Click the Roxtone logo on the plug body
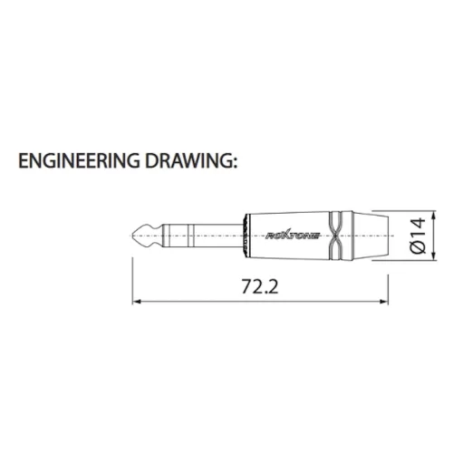(x=287, y=236)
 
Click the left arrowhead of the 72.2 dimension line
(x=137, y=298)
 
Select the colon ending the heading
(x=235, y=165)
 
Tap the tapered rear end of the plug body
(x=366, y=236)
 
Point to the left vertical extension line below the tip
(x=133, y=272)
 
